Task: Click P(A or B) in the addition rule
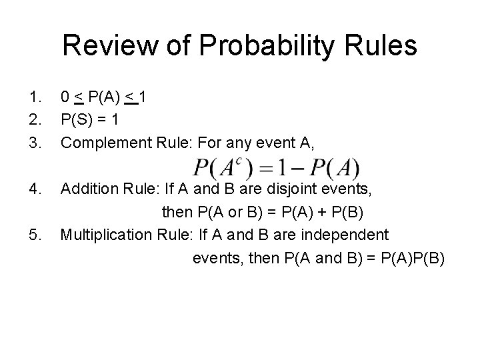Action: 226,213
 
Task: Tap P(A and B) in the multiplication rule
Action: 307,257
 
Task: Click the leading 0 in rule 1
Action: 64,97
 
